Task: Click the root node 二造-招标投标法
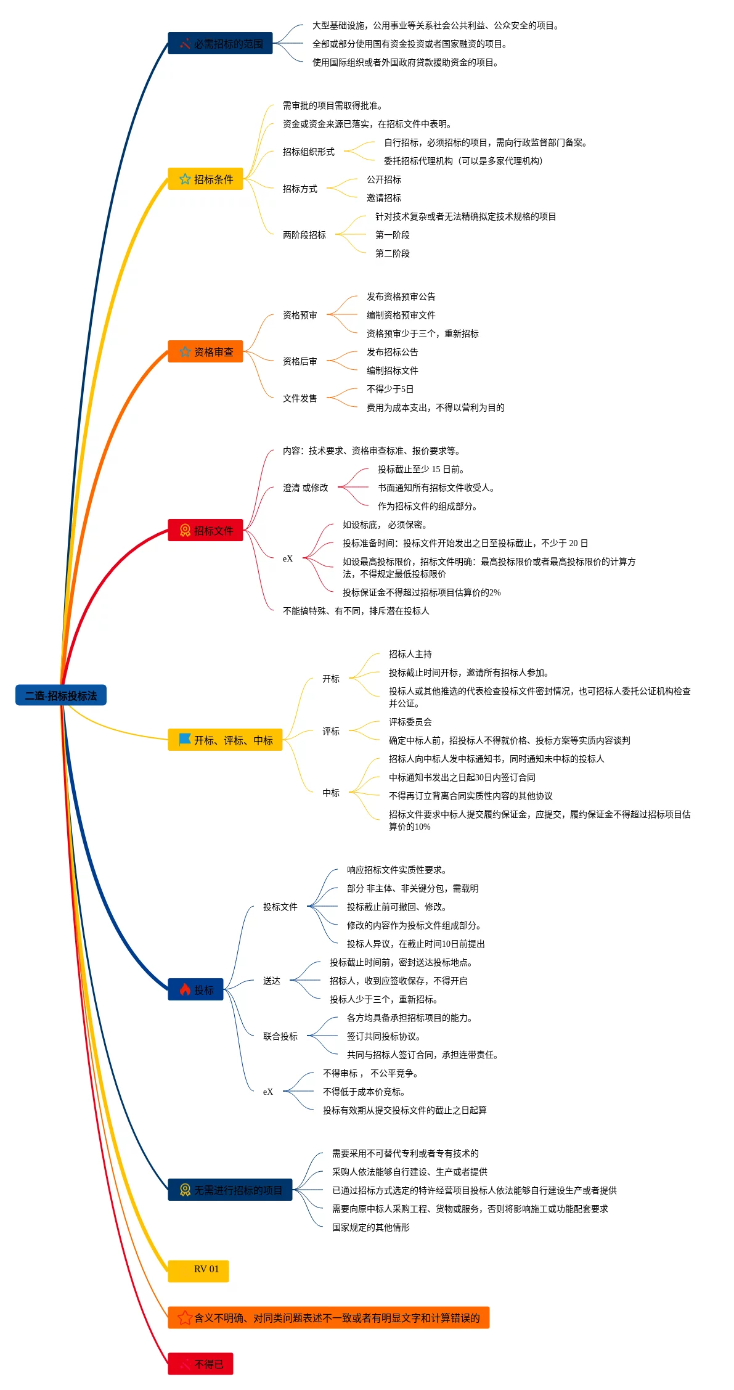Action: pos(60,695)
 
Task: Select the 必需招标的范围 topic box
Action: pos(220,44)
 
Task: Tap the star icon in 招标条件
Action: pos(185,179)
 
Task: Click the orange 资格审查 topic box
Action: pos(205,352)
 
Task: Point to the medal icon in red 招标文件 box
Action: pos(185,531)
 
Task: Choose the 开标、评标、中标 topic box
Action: pos(225,740)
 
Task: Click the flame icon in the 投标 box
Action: pos(185,989)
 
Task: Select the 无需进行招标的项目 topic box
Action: pos(230,1190)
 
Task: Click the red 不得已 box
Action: pos(200,1364)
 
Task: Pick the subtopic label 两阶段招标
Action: pos(304,235)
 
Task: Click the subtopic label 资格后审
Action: pos(300,361)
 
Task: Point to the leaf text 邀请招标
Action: pos(384,198)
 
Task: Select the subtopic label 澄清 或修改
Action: pos(306,488)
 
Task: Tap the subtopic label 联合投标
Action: pos(280,1036)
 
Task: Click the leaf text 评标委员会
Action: pos(410,722)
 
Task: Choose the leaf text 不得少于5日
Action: pos(390,389)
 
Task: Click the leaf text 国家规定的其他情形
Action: pos(371,1227)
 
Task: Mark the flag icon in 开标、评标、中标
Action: pos(185,739)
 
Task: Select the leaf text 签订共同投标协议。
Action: pos(384,1036)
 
